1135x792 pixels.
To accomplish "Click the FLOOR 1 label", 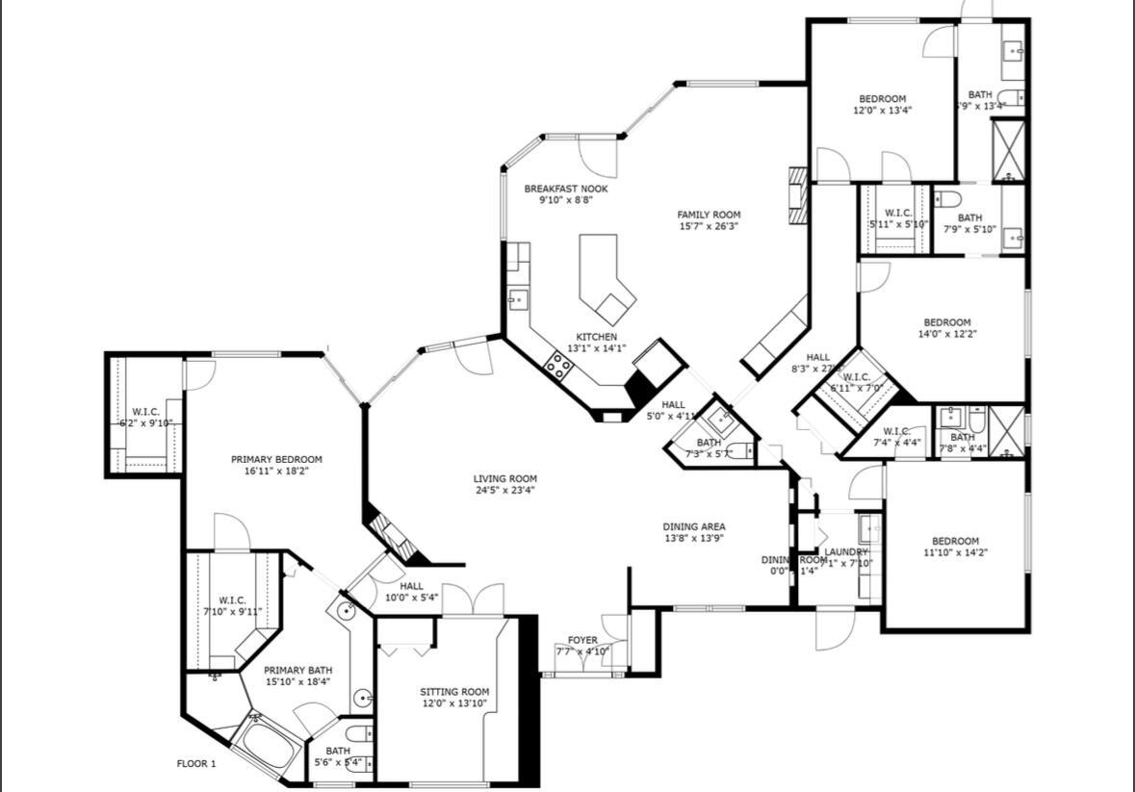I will pos(196,764).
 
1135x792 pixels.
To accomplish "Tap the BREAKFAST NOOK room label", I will pos(565,189).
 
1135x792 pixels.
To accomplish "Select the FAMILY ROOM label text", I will pos(709,215).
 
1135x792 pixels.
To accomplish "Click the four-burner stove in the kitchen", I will pos(558,365).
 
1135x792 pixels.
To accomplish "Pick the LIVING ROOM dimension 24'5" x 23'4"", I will pos(504,490).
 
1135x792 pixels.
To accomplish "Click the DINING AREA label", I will pos(693,526).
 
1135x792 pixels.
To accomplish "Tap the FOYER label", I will pos(582,640).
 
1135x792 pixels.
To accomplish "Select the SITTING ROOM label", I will pos(454,691).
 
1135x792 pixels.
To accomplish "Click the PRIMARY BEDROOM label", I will pos(276,459).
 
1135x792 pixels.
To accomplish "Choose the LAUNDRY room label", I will pos(846,551).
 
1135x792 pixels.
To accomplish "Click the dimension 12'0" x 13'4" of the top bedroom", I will pos(882,111).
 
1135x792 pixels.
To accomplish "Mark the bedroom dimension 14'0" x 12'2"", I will pos(946,334).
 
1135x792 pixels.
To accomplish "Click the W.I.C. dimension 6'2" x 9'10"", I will pos(145,423).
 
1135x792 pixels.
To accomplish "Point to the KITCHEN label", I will pos(596,337).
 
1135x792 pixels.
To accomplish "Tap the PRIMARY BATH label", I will pos(297,670).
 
